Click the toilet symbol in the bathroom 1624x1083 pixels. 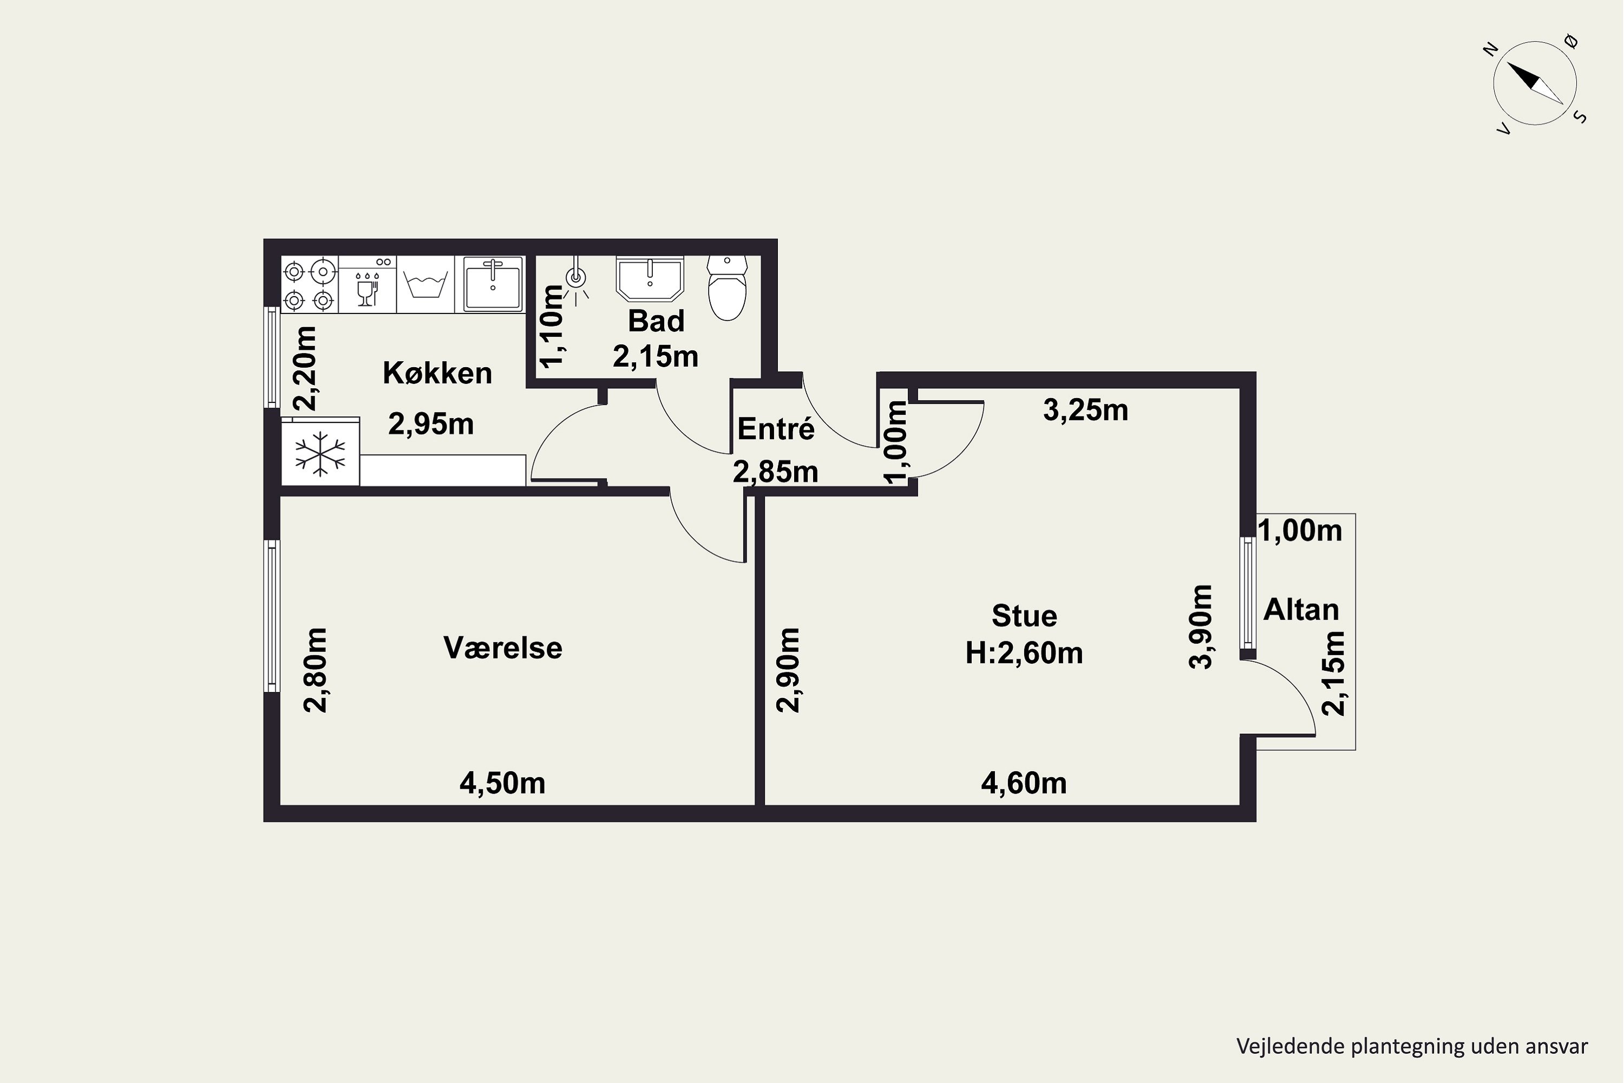727,288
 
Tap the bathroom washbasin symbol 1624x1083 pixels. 649,279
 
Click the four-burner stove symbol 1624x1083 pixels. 309,285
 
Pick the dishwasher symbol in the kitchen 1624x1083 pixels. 368,285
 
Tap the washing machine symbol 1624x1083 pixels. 425,285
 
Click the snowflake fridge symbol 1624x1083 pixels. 320,454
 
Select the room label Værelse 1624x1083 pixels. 503,648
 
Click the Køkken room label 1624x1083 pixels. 437,373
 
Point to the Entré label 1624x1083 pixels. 776,429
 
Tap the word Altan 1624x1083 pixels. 1301,610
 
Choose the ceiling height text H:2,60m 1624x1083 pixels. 1024,653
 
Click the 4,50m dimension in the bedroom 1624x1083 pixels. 503,783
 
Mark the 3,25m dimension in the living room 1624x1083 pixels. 1085,410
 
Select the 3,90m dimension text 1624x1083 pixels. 1201,627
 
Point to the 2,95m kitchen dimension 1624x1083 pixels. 431,424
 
